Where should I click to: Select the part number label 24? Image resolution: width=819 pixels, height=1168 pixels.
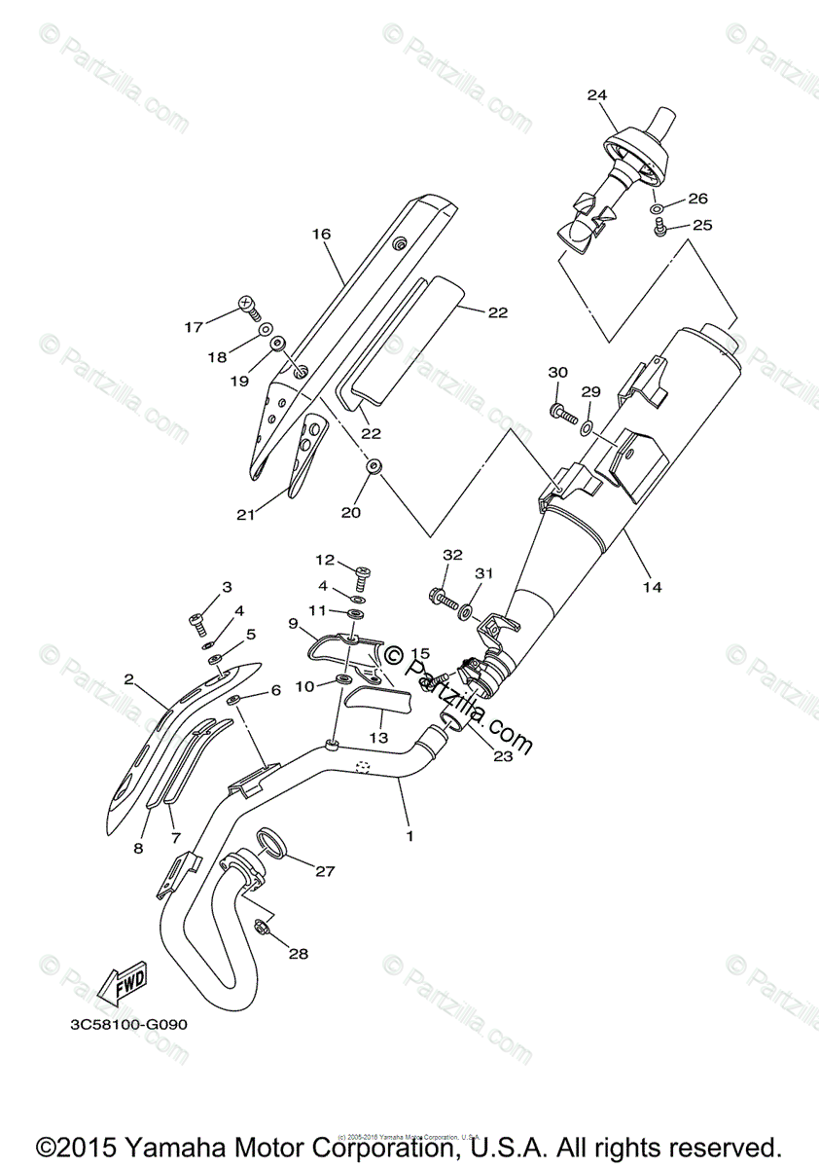pyautogui.click(x=597, y=94)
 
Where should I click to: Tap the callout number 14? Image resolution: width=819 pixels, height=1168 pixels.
pyautogui.click(x=652, y=587)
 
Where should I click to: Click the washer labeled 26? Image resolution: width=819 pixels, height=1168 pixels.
pyautogui.click(x=658, y=208)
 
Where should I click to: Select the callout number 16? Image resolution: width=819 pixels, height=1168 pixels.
pyautogui.click(x=322, y=234)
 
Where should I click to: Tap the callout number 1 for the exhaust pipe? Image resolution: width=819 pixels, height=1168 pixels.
pyautogui.click(x=409, y=835)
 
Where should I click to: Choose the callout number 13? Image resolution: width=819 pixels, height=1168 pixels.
pyautogui.click(x=378, y=738)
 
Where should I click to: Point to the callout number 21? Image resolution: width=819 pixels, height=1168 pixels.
pyautogui.click(x=245, y=515)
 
